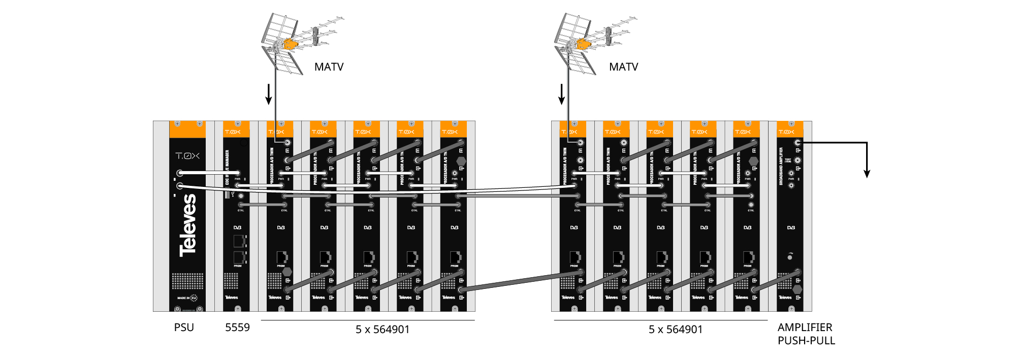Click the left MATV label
(x=329, y=67)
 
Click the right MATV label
(x=623, y=67)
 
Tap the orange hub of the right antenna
(x=583, y=44)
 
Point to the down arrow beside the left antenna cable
(x=269, y=95)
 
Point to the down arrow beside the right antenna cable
(x=562, y=95)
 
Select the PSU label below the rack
(x=184, y=328)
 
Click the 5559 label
(x=237, y=328)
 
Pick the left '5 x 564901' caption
(x=382, y=330)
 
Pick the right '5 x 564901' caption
(x=676, y=330)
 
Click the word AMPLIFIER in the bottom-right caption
(x=805, y=328)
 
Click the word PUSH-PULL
(x=806, y=341)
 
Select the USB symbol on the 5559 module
(x=232, y=194)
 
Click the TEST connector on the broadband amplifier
(x=798, y=160)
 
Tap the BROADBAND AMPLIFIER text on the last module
(x=781, y=166)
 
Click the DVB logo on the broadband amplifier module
(x=791, y=227)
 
